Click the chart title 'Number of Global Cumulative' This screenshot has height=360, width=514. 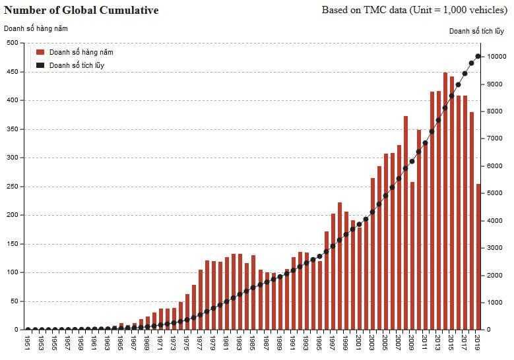click(81, 11)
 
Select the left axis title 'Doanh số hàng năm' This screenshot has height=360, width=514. click(36, 28)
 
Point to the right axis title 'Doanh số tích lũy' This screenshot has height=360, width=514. click(476, 31)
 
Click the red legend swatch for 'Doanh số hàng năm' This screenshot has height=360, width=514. click(40, 52)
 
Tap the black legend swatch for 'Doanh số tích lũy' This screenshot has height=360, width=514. click(40, 65)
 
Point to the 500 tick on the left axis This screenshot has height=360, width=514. click(13, 43)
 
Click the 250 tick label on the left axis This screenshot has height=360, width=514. click(13, 187)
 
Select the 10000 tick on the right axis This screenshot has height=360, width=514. click(496, 57)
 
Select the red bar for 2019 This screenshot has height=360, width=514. click(478, 257)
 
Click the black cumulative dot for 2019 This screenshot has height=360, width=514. click(478, 56)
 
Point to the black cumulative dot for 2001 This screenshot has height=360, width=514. click(359, 224)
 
